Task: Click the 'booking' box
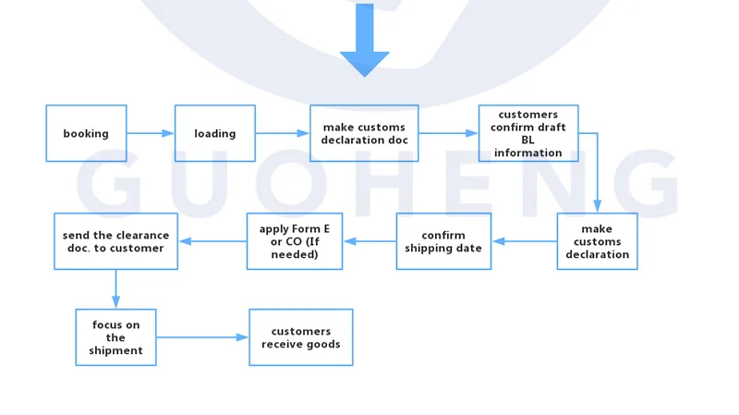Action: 86,133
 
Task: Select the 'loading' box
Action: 214,133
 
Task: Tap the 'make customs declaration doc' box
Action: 364,133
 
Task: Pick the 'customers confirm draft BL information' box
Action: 527,133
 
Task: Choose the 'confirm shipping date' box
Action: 443,241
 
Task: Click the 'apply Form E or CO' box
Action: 294,241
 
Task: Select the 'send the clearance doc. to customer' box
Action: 115,241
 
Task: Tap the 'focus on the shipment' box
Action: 115,337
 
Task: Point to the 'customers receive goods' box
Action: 300,337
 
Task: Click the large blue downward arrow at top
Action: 364,42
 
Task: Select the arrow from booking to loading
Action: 151,133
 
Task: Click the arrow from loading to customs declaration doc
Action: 282,133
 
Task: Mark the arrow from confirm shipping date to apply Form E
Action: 369,241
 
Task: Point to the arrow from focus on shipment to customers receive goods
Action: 203,337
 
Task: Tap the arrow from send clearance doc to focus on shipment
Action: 115,289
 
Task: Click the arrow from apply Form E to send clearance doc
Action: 212,241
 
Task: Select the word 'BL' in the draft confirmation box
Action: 527,140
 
